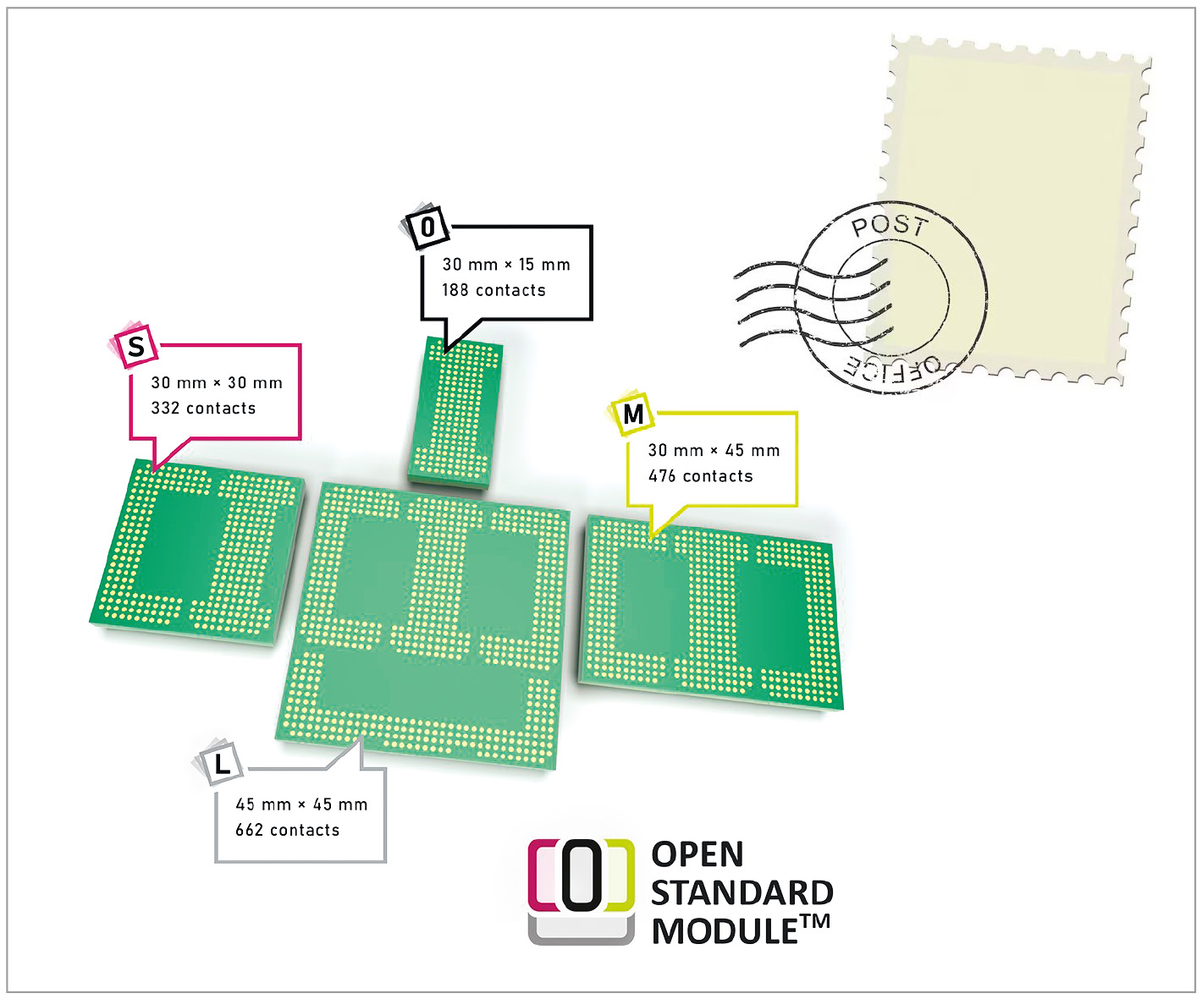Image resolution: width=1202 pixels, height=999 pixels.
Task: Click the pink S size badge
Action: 135,346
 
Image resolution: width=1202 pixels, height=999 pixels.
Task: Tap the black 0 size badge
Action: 428,227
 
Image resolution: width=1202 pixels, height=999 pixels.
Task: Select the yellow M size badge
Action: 633,414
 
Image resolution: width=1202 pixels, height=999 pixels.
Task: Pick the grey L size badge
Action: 222,764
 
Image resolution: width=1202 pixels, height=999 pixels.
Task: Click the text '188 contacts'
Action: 493,290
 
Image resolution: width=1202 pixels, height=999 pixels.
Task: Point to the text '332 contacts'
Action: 203,409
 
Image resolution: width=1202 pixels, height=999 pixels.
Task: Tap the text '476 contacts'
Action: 700,476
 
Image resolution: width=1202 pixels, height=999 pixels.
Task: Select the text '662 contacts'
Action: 287,830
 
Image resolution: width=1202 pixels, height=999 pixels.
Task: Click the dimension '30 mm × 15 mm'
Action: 506,265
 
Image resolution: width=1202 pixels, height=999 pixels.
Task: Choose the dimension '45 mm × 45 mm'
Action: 301,804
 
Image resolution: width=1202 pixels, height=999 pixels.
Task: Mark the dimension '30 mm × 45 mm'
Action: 714,451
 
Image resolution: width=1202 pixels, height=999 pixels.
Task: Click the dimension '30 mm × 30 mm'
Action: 217,383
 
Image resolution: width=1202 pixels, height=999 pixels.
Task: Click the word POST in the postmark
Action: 889,226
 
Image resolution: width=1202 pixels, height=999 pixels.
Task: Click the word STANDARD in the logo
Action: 742,893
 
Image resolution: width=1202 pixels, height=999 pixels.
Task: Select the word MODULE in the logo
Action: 725,931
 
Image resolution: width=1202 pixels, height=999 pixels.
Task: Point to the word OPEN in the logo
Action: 697,854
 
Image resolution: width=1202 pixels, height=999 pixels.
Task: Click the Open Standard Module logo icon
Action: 582,890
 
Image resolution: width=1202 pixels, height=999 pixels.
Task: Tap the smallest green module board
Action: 455,414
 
